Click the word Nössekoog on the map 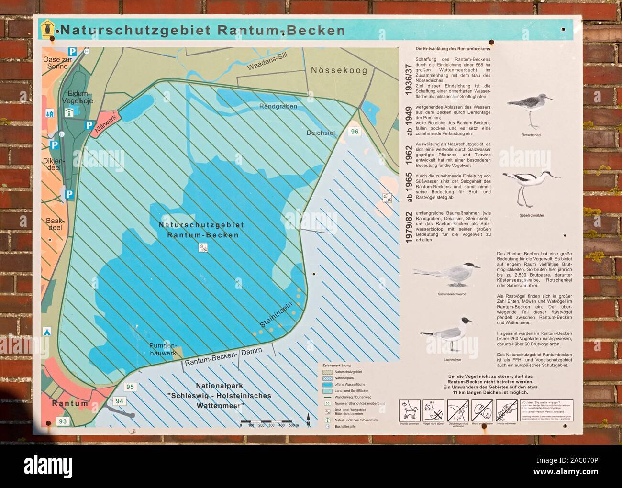[x=339, y=71]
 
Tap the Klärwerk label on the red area [x=105, y=124]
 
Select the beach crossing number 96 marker [x=355, y=132]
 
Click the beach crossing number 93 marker [x=62, y=421]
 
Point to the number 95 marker [x=130, y=386]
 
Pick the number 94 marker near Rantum [x=119, y=401]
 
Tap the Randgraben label [x=278, y=106]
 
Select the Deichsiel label [x=322, y=133]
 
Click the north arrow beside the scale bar [x=309, y=421]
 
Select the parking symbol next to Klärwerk [x=89, y=125]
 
